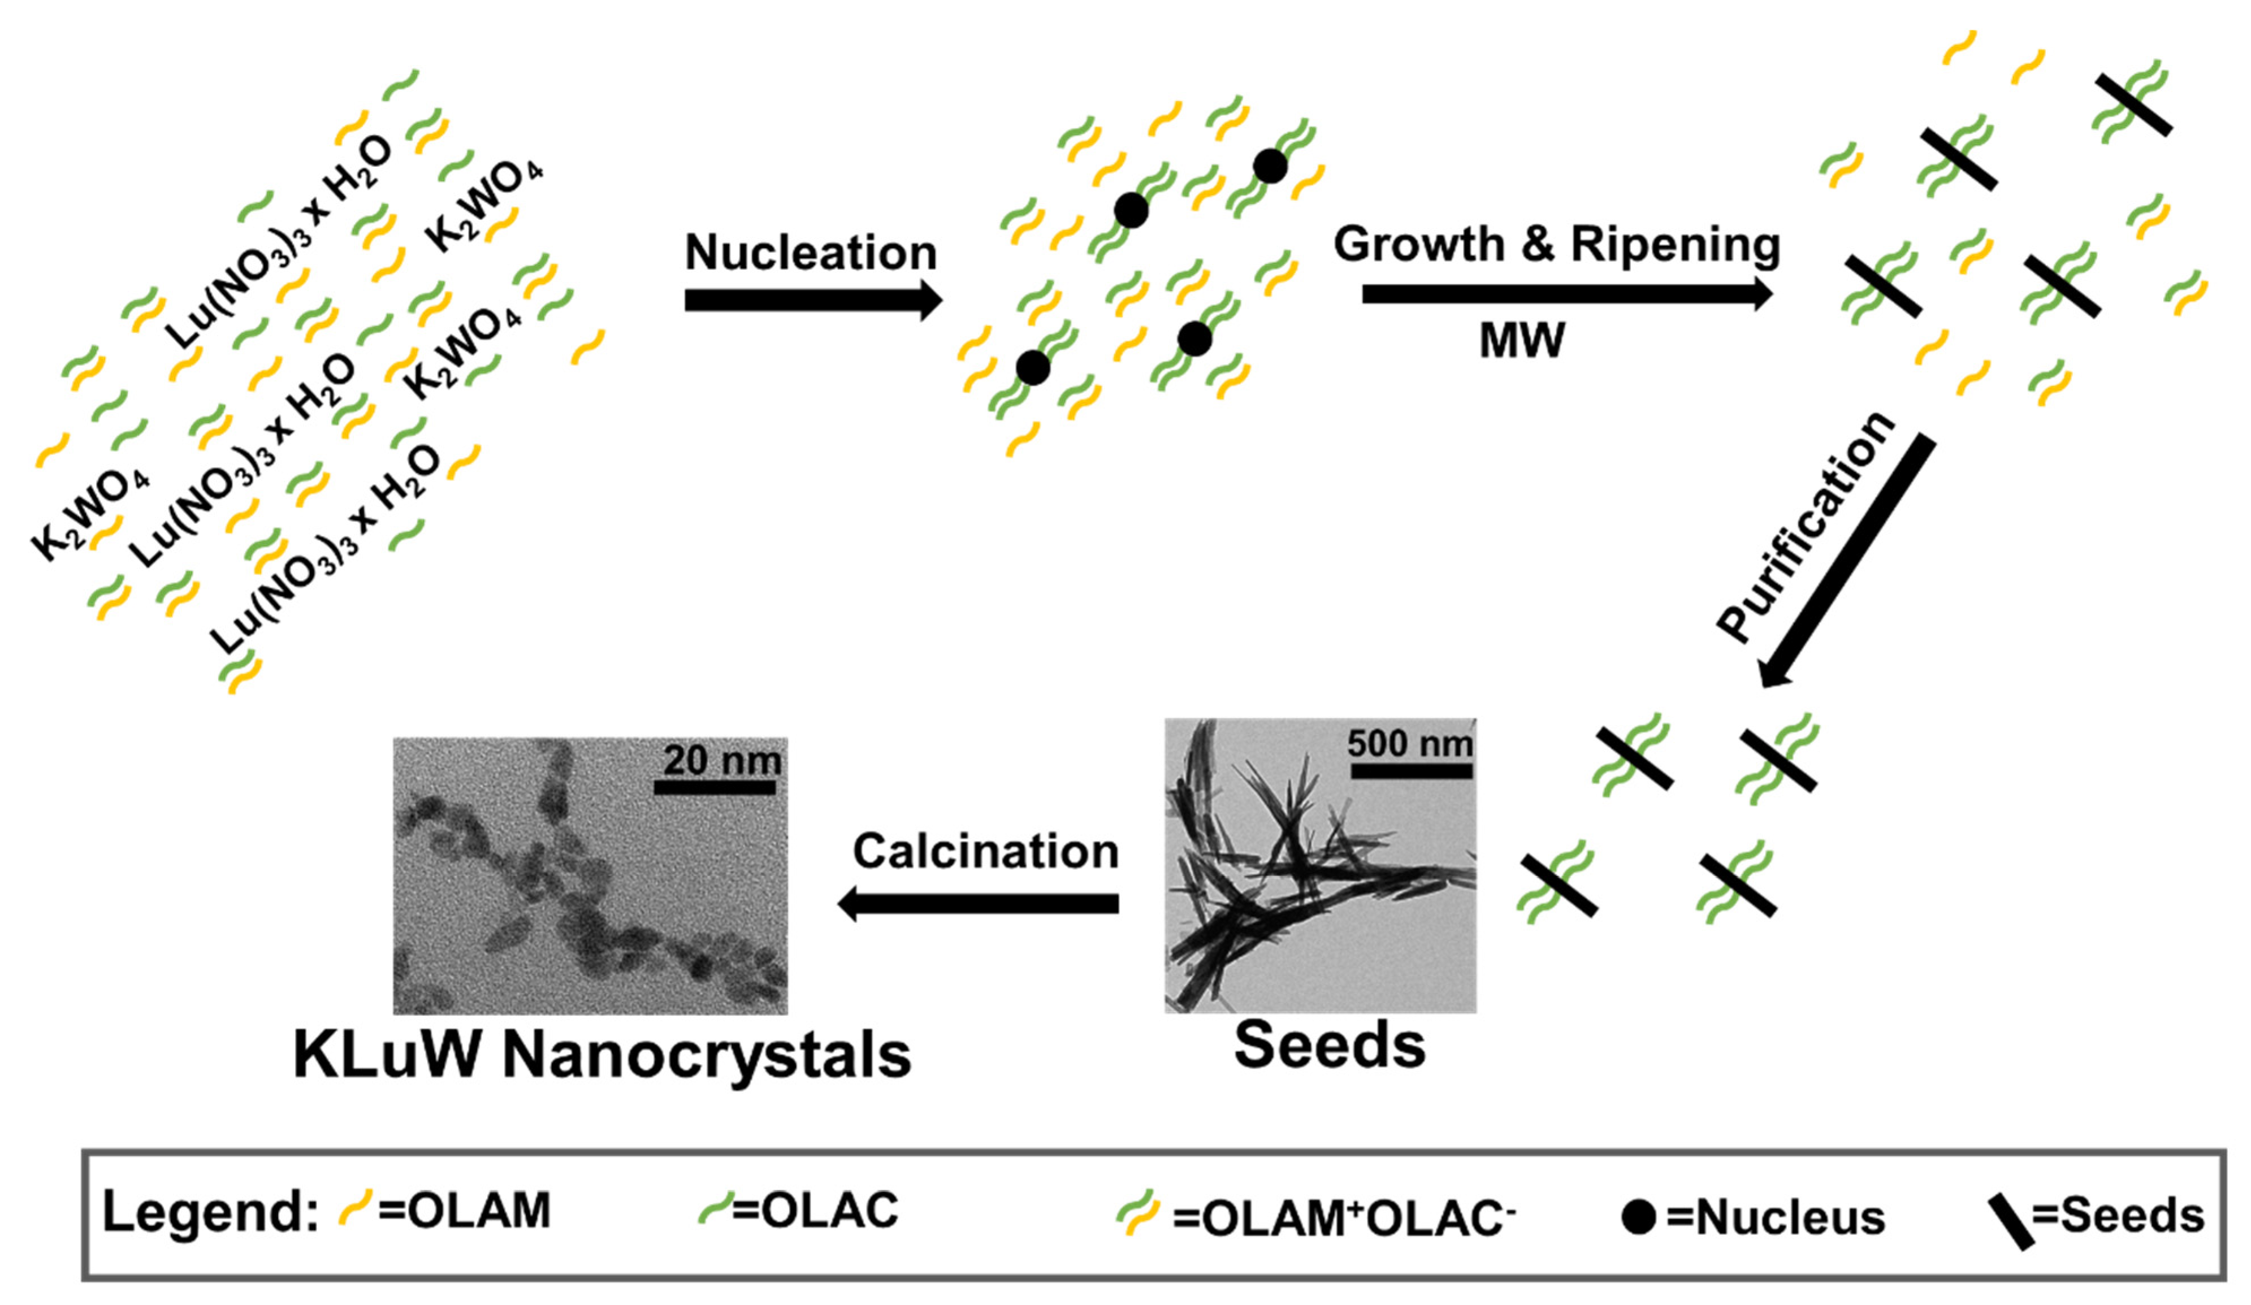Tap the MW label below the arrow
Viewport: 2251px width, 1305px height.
click(1522, 340)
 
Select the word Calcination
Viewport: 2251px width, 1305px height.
click(985, 851)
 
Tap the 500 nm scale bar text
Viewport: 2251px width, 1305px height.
click(1409, 743)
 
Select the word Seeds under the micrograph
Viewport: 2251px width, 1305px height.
click(1329, 1045)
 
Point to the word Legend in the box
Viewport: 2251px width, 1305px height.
click(210, 1212)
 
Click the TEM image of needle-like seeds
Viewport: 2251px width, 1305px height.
click(1319, 865)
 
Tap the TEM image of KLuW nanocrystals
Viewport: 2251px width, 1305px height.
click(590, 875)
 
